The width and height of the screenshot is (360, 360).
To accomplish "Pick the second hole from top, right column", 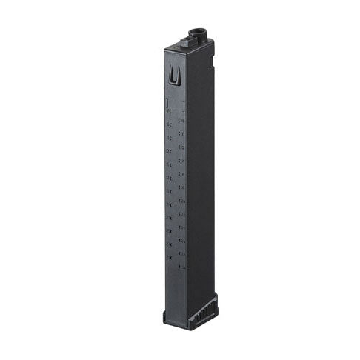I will [181, 127].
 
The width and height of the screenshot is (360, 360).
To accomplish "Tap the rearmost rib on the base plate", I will [216, 300].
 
